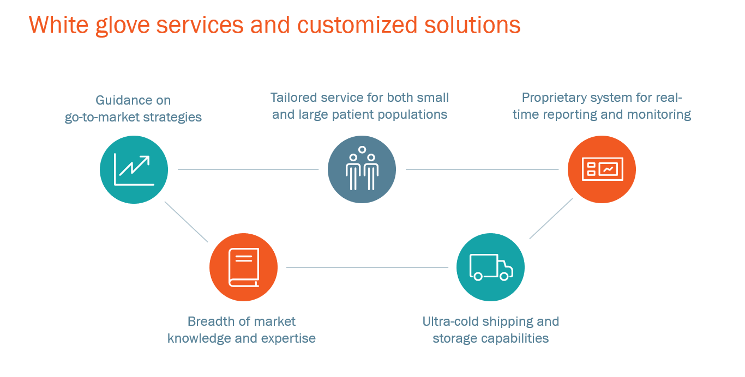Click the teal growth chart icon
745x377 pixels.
pyautogui.click(x=134, y=169)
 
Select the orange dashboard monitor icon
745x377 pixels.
pyautogui.click(x=602, y=169)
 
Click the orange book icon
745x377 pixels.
pyautogui.click(x=243, y=267)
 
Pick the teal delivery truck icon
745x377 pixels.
pyautogui.click(x=490, y=267)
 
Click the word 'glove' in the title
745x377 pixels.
pyautogui.click(x=122, y=26)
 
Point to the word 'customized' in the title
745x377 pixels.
pyautogui.click(x=357, y=25)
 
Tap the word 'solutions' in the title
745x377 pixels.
pyautogui.click(x=472, y=25)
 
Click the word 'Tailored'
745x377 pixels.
pyautogui.click(x=293, y=98)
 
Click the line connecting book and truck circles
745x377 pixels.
pyautogui.click(x=367, y=267)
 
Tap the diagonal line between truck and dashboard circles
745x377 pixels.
pyautogui.click(x=551, y=218)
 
